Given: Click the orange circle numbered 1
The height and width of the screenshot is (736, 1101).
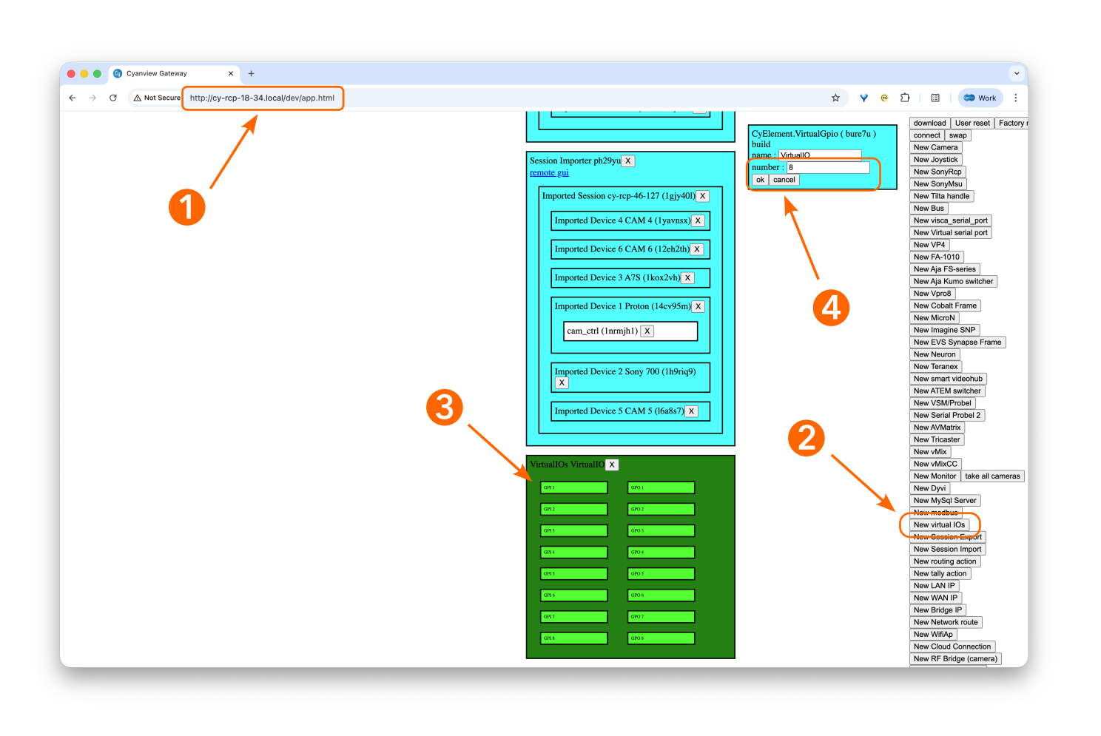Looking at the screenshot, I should coord(186,206).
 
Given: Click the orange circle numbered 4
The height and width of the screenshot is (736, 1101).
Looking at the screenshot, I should coord(831,308).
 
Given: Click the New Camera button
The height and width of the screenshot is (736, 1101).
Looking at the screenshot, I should coord(935,147).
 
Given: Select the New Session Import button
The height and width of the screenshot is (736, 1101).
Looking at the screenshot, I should coord(947,549).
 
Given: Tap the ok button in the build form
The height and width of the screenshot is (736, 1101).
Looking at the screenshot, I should coord(760,180).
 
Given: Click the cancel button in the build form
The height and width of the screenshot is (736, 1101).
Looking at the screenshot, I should coord(784,180).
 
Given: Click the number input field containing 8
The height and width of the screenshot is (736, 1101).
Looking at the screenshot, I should coord(827,167).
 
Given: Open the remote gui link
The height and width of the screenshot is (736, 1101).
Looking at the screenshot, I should coord(549,172).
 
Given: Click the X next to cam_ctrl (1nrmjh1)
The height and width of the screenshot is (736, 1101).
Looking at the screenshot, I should coord(647,331).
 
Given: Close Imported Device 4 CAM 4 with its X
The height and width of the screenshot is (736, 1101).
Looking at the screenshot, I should coord(698,220).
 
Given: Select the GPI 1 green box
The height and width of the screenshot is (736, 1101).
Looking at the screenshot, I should coord(574,487).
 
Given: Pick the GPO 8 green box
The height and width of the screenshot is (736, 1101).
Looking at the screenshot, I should coord(661,638).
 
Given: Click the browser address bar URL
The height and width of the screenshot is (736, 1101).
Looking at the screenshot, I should coord(262,98).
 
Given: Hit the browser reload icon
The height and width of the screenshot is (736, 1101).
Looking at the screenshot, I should coord(113,98).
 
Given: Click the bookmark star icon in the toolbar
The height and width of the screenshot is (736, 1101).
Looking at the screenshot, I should coord(835,98).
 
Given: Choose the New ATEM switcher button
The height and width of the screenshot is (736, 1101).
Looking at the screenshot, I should coord(947,391).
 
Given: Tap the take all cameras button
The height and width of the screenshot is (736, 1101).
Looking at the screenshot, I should coord(992,476).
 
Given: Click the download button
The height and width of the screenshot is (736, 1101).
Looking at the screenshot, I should coord(929,123).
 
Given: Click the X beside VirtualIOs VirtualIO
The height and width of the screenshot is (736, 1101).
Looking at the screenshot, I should coord(612,465).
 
